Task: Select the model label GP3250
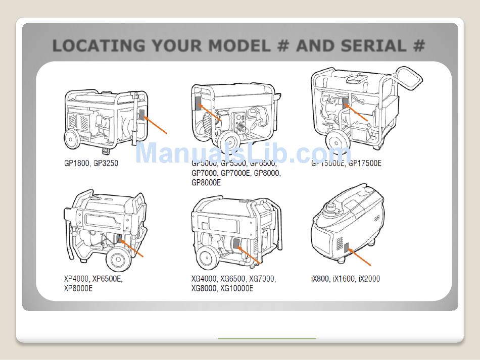tap(105, 164)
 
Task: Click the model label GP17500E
tap(364, 164)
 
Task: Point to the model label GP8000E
tap(206, 183)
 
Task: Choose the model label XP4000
tap(76, 279)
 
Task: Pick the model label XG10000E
tap(237, 288)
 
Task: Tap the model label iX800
tap(320, 279)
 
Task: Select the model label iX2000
tap(369, 279)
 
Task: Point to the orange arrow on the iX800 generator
tap(361, 257)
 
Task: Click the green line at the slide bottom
tap(267, 338)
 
